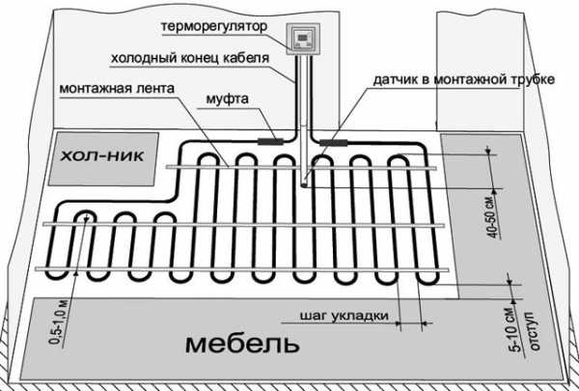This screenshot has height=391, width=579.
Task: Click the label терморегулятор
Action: (214, 27)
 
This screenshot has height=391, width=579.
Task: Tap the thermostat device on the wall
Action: (303, 39)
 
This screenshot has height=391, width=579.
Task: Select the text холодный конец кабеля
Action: (190, 58)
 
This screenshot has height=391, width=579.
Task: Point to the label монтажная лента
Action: (117, 89)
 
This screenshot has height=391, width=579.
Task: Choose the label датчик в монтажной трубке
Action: (463, 79)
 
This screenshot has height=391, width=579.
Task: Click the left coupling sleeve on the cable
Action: (270, 141)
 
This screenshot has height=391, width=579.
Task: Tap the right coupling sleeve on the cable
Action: (334, 143)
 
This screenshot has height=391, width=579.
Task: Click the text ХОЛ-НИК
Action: (102, 156)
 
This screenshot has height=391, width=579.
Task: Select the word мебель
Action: (242, 344)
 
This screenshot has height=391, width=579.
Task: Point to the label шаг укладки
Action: (345, 316)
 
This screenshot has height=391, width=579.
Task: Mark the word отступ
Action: (533, 331)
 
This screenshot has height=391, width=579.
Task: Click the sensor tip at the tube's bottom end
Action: (304, 183)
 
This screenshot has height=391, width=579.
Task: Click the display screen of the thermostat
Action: (303, 38)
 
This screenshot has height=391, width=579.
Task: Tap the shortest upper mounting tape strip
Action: (301, 168)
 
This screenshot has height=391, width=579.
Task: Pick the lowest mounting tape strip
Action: (242, 269)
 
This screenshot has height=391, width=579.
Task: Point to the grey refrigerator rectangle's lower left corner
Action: (49, 184)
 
